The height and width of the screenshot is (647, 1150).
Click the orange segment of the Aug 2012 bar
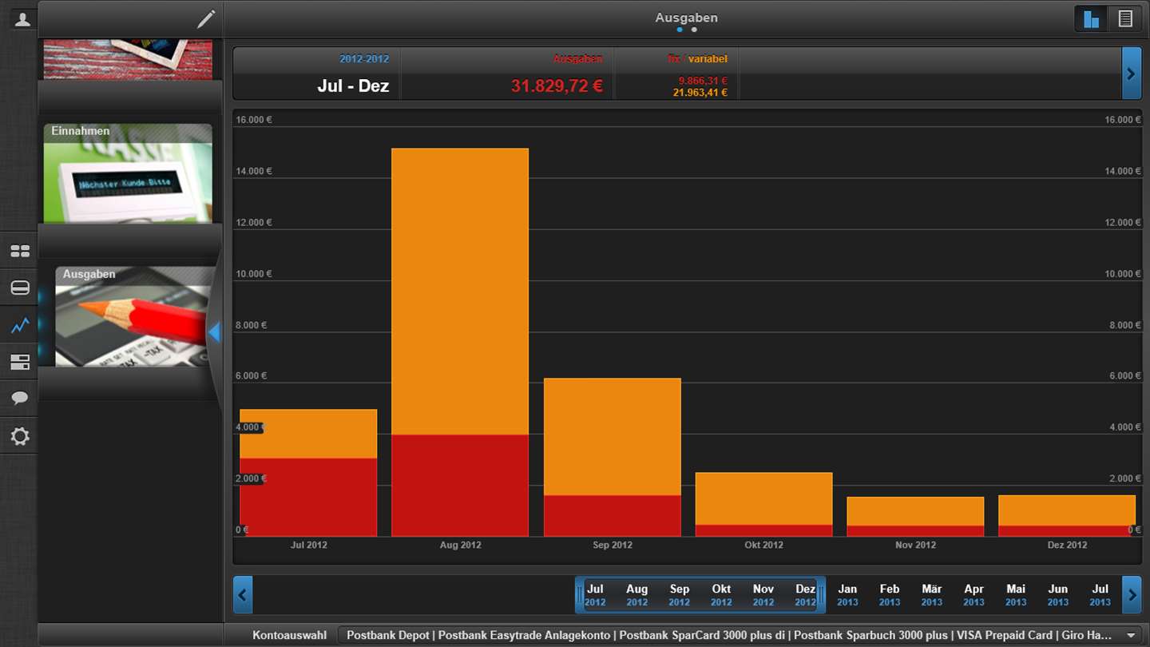460,292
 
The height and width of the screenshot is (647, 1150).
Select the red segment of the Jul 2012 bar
308,497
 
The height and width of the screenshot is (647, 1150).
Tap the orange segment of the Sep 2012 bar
612,437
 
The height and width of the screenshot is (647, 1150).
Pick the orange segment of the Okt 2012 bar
763,498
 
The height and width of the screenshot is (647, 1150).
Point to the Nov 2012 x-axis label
915,545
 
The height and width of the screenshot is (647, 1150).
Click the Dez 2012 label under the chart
1067,545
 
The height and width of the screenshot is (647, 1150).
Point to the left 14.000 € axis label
254,171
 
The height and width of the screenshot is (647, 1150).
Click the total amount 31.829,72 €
557,85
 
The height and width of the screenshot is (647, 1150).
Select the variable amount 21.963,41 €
700,93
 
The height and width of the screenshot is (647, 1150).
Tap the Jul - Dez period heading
353,85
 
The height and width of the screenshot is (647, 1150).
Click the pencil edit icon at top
206,19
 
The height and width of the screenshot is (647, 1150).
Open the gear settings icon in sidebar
20,436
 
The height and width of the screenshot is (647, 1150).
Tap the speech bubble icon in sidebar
20,398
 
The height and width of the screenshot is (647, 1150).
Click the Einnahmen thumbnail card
128,173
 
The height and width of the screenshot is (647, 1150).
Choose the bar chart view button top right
1091,18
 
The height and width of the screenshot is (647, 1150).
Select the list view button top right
1125,18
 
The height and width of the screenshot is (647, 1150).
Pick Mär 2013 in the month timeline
931,595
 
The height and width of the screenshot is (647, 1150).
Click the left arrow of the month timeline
243,595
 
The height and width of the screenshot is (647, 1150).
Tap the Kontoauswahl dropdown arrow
1128,635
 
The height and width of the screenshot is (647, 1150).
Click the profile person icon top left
22,19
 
